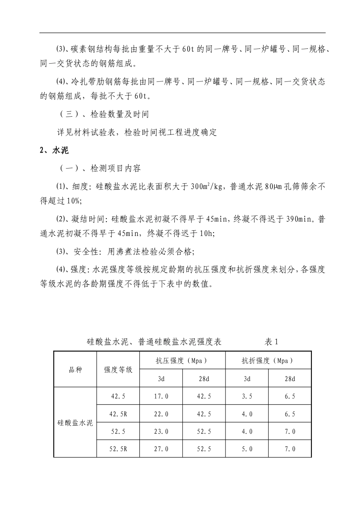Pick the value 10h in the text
[x=206, y=234]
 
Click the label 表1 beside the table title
[x=271, y=342]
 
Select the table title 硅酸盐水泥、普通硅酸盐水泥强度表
[x=154, y=342]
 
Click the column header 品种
[x=75, y=370]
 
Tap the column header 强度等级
[x=118, y=370]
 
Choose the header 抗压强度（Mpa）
[x=182, y=361]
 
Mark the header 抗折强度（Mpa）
[x=268, y=361]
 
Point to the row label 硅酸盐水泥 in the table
[x=75, y=423]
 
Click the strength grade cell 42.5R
[x=118, y=414]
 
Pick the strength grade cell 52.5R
[x=118, y=449]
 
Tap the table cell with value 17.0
[x=161, y=397]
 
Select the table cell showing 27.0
[x=161, y=449]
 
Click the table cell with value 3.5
[x=247, y=397]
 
